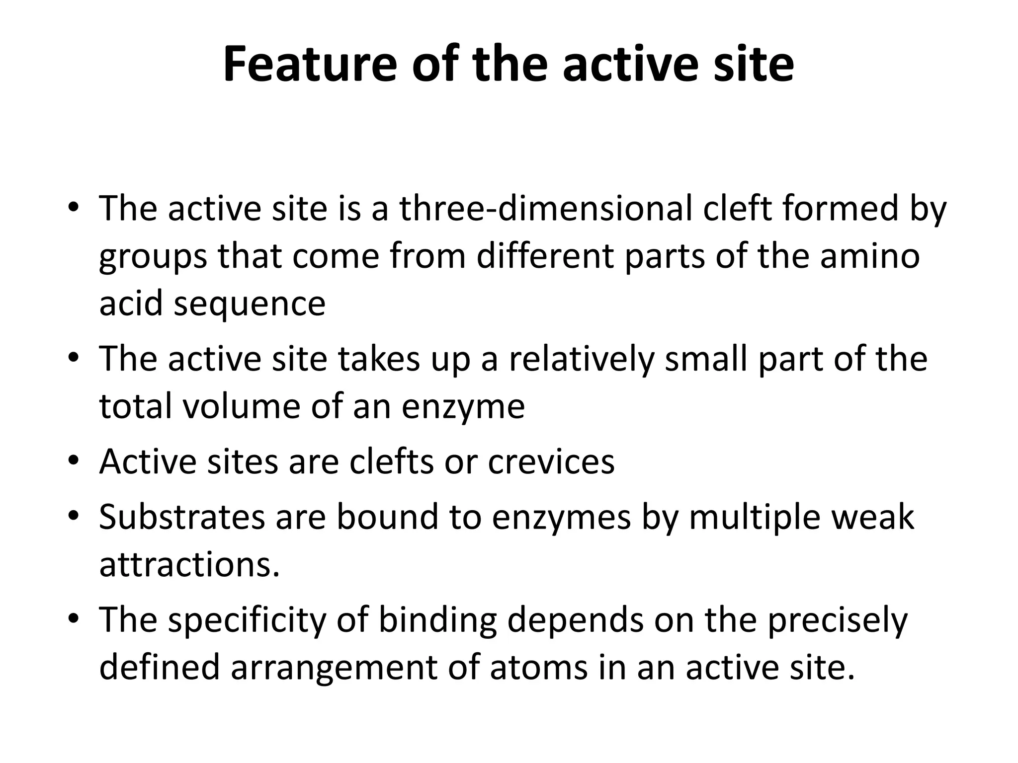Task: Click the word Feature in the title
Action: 310,65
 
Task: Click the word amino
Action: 870,256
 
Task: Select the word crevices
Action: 551,461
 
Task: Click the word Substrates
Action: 182,517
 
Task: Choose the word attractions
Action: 189,565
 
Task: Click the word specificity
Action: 247,620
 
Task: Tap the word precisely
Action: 838,620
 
